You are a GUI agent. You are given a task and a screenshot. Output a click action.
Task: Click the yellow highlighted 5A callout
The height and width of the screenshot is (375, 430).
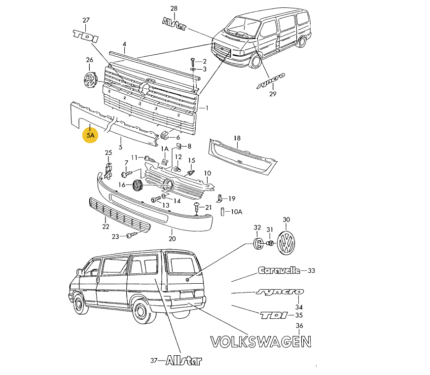click(90, 134)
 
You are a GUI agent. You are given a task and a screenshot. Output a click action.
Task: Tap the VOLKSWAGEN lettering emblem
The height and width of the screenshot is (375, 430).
click(261, 341)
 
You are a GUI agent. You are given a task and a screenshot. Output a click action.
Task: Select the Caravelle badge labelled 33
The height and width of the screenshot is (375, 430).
click(279, 270)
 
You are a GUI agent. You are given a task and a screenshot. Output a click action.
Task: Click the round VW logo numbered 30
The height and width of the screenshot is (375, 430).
click(286, 243)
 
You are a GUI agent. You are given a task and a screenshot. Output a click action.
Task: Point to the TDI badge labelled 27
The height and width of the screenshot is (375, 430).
click(86, 35)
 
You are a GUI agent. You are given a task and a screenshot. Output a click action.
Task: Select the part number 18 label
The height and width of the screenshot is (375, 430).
click(237, 138)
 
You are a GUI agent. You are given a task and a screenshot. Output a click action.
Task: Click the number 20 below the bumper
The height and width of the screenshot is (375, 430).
click(172, 239)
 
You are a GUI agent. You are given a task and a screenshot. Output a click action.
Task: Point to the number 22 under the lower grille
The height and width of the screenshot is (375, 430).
click(105, 226)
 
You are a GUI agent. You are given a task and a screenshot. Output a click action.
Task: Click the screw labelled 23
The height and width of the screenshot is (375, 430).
click(131, 235)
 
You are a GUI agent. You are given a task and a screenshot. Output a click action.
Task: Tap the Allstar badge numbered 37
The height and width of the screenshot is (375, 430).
click(183, 361)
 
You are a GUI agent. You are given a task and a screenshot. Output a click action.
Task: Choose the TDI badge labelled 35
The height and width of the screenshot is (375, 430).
click(273, 315)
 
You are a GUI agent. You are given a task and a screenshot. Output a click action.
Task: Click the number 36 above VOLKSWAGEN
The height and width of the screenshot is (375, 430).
click(299, 326)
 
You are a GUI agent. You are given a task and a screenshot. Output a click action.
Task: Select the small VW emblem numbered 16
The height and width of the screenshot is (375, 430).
click(138, 186)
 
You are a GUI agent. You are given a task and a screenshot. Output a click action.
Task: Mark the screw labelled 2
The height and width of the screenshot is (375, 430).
click(192, 61)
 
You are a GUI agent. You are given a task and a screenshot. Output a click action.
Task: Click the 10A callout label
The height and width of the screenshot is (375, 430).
click(237, 211)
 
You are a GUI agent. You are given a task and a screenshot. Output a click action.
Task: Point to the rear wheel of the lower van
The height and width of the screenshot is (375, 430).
click(142, 312)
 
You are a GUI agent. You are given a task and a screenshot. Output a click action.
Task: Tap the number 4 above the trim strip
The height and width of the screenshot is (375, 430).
click(124, 44)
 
